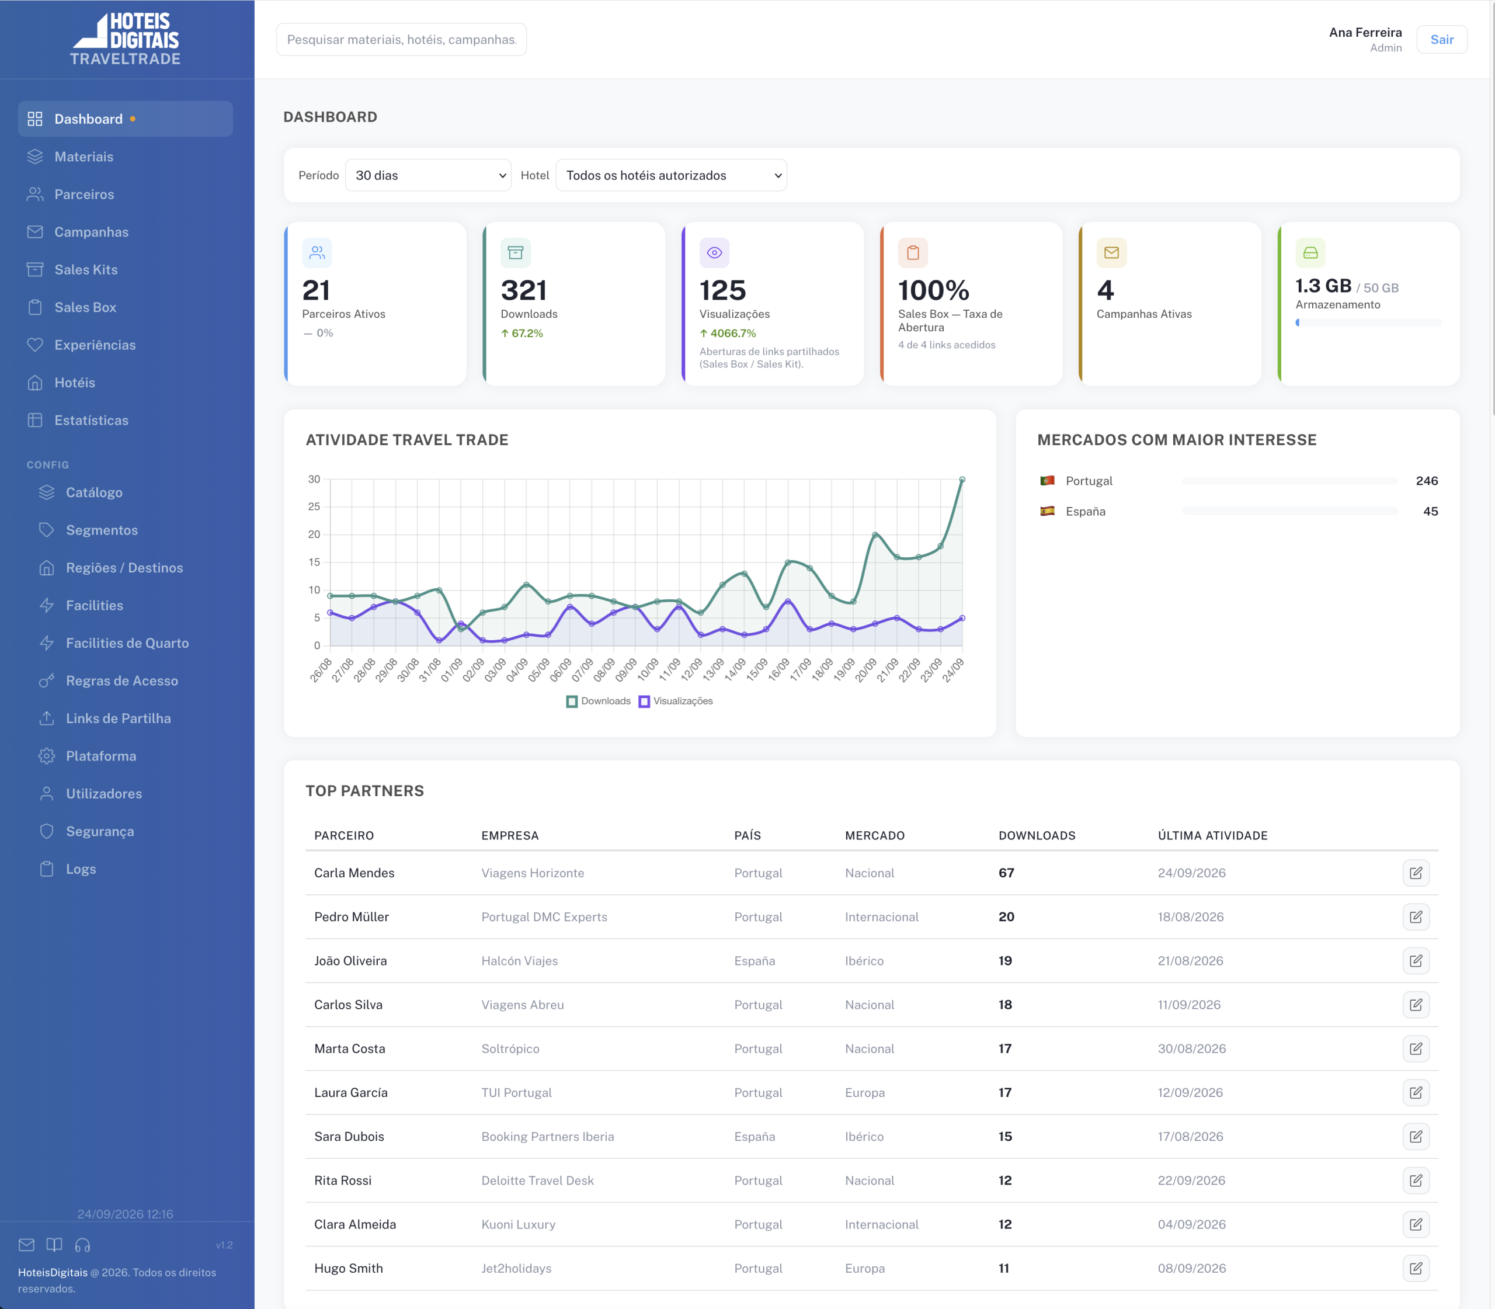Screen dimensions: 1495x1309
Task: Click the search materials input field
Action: coord(401,40)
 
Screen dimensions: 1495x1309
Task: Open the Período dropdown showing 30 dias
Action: coord(428,175)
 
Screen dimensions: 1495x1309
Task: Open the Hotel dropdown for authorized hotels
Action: coord(671,175)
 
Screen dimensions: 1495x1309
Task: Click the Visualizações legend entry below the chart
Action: coord(676,702)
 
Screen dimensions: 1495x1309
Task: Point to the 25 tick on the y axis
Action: coord(314,507)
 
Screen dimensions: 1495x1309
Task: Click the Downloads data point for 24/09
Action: coord(962,480)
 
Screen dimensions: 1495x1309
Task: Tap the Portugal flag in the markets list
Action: coord(1047,481)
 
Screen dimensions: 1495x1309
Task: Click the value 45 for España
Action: coord(1430,511)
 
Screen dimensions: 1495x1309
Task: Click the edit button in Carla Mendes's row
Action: coord(1416,873)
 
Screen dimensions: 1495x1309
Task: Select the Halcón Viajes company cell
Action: coord(519,960)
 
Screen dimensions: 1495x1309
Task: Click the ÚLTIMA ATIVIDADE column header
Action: coord(1212,836)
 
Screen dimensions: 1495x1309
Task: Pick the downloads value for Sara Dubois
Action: coord(1005,1137)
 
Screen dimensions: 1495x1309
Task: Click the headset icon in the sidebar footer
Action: coord(82,1245)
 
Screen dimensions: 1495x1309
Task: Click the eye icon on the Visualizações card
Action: coord(714,253)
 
